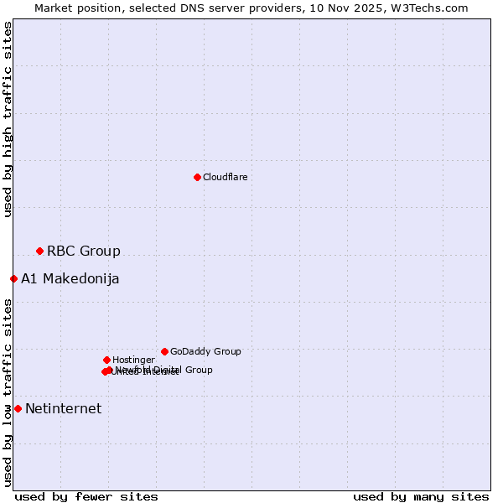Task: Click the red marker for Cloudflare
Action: click(x=197, y=177)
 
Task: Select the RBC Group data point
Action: click(x=39, y=251)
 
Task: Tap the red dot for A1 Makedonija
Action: click(x=13, y=278)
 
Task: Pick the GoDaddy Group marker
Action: click(x=164, y=351)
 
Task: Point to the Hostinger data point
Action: click(x=106, y=360)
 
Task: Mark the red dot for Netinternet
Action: click(x=18, y=408)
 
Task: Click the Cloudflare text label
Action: click(x=226, y=177)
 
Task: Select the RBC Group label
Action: click(x=84, y=251)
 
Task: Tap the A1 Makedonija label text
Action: click(x=70, y=278)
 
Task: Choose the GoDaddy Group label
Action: click(x=205, y=351)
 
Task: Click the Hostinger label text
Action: click(x=133, y=360)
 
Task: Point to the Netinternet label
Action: click(x=64, y=408)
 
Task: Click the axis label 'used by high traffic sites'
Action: click(x=8, y=119)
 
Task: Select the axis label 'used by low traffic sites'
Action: click(x=8, y=392)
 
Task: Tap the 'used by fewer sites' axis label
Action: click(x=86, y=496)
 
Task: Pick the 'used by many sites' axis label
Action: click(x=421, y=496)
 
